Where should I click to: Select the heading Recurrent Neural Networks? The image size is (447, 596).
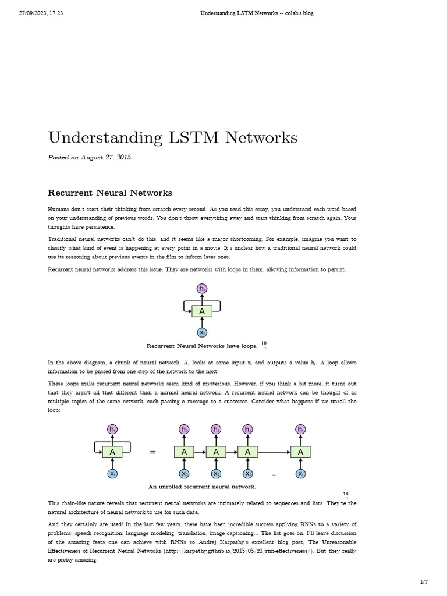tap(109, 193)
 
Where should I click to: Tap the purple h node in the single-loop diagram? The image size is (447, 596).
tap(202, 289)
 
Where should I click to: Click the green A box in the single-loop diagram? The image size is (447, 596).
tap(202, 311)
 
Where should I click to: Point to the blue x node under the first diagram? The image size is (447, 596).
tap(202, 332)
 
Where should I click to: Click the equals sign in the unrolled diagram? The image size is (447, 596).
tap(153, 452)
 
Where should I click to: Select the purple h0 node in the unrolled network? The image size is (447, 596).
tap(184, 430)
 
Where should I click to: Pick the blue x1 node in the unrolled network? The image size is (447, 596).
tap(216, 474)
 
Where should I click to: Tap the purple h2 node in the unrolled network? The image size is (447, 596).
tap(248, 430)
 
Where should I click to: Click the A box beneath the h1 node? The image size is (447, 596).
tap(216, 452)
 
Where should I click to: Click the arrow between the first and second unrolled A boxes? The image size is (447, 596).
tap(200, 452)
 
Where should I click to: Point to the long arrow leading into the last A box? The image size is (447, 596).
tap(274, 452)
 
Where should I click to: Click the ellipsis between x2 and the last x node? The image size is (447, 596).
tap(275, 474)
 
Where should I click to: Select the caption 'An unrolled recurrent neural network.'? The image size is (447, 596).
tap(202, 487)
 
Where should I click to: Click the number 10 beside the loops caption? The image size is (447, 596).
tap(264, 343)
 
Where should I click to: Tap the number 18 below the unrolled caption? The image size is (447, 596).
tap(346, 494)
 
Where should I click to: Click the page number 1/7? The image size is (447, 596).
tap(424, 582)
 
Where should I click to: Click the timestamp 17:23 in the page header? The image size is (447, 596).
tap(55, 13)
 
